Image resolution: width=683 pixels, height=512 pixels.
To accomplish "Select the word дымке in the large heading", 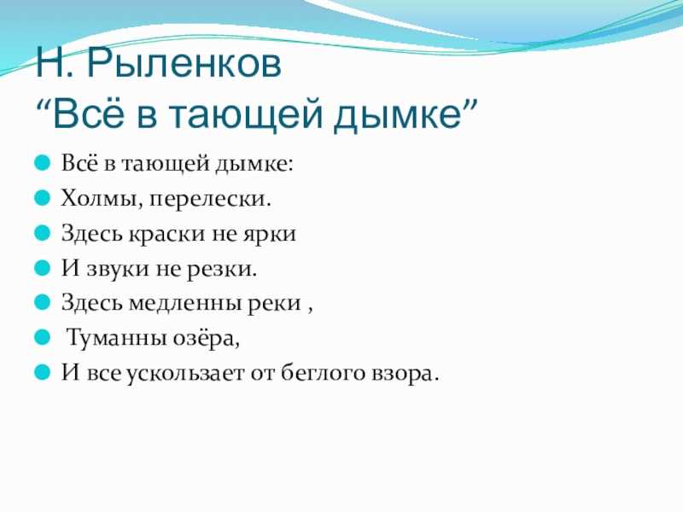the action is (x=398, y=114).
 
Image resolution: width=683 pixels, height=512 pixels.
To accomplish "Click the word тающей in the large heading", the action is (x=246, y=114).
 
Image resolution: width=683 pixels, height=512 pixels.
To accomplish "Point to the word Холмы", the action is (x=101, y=200).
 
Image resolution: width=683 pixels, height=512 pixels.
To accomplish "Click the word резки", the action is (x=222, y=270).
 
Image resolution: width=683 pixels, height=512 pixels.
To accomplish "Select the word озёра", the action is (x=206, y=339).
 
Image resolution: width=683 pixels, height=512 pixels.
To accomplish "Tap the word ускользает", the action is (x=185, y=374).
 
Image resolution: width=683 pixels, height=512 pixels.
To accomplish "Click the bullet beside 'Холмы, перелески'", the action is (x=43, y=198).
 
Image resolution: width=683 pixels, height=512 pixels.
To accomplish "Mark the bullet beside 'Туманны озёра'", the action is (x=43, y=337).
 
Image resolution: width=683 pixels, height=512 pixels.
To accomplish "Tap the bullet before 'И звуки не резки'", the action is (x=43, y=268).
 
